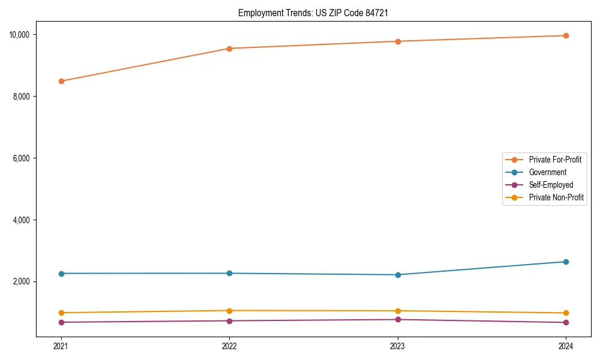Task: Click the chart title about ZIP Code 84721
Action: (317, 13)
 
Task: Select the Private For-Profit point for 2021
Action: (61, 81)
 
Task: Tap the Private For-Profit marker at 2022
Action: (229, 49)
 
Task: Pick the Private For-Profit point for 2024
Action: (566, 35)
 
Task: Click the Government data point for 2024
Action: (566, 262)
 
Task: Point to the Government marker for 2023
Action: (398, 275)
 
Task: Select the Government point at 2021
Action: (61, 274)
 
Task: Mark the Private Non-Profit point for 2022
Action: (229, 311)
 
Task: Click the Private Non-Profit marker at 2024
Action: (566, 313)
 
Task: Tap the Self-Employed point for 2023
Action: (398, 319)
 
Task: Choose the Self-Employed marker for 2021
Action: (61, 322)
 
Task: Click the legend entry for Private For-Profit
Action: (555, 160)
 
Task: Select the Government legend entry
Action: (547, 172)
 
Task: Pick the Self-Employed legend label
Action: (551, 185)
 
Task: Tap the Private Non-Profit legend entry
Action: (556, 197)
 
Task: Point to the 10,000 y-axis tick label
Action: (20, 35)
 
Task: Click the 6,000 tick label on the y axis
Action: (22, 158)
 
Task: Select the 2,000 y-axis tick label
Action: (22, 282)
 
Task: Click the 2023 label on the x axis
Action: (398, 346)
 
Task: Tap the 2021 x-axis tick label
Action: (61, 346)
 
